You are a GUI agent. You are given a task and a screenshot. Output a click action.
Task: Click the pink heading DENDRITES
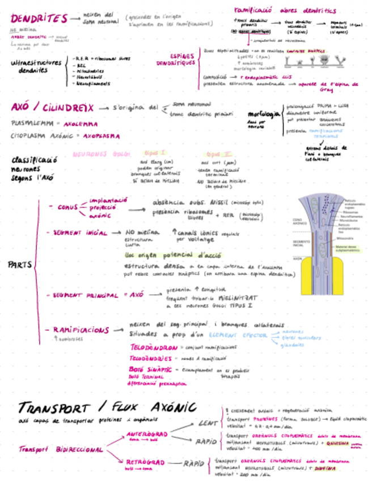pyautogui.click(x=39, y=19)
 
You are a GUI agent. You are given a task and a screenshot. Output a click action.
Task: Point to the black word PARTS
pyautogui.click(x=20, y=265)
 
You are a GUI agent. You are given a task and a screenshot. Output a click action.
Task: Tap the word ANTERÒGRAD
pyautogui.click(x=146, y=434)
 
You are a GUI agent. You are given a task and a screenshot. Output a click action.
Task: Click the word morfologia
pyautogui.click(x=264, y=115)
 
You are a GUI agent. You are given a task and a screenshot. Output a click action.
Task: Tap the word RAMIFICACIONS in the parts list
pyautogui.click(x=81, y=330)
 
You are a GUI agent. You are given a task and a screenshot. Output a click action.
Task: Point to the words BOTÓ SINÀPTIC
pyautogui.click(x=148, y=369)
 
